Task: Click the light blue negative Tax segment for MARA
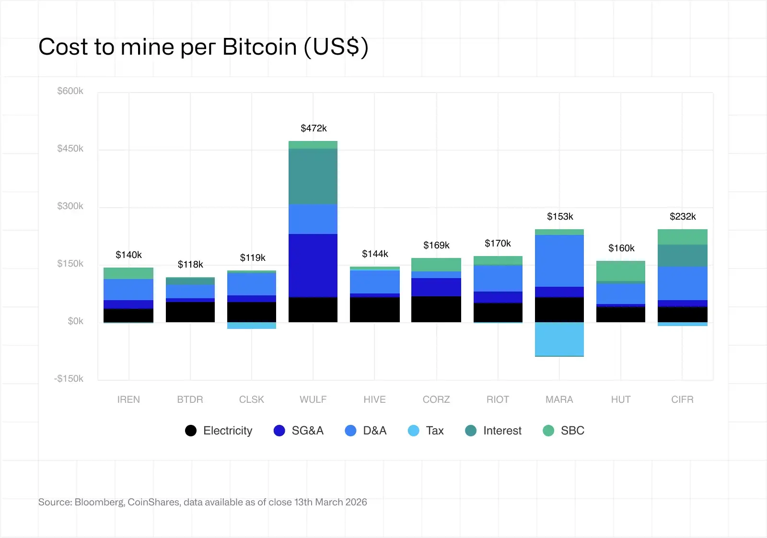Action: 559,339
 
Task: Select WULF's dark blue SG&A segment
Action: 313,265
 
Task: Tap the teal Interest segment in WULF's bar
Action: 313,176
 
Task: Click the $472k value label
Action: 314,128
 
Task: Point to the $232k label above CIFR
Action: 683,216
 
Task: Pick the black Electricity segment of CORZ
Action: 436,309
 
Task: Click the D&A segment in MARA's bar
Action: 559,261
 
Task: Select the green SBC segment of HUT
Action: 621,271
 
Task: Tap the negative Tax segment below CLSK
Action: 252,326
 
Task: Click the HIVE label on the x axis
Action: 374,399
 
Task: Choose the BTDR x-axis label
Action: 190,399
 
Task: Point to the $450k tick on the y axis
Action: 70,149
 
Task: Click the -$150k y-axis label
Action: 69,379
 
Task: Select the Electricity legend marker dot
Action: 191,431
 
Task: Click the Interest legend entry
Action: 502,431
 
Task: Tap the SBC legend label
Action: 572,431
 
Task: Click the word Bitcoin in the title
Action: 260,47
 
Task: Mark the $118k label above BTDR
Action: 190,264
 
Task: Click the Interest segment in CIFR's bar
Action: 683,255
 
